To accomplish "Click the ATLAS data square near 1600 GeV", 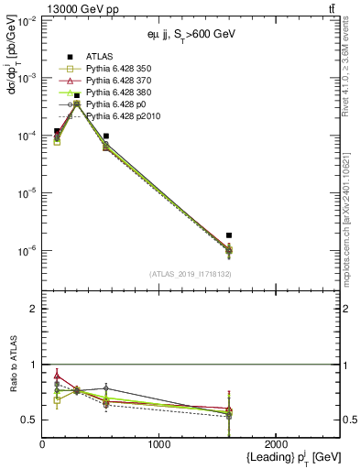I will pos(229,235).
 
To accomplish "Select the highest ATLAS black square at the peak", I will pos(77,96).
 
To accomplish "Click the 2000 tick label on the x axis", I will pos(276,443).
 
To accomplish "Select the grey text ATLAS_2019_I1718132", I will pos(188,274).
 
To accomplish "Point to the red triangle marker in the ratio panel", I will pos(57,375).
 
